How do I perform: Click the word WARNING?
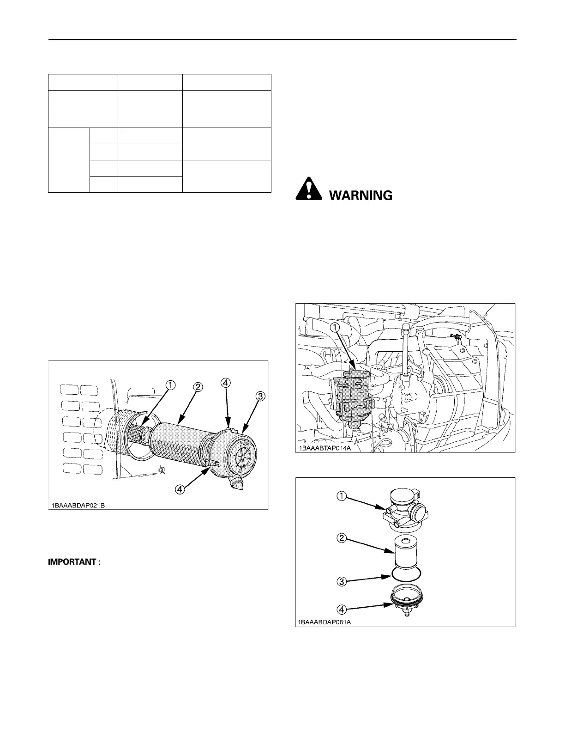point(361,195)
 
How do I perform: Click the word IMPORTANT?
point(74,562)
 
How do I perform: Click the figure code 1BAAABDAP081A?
point(324,622)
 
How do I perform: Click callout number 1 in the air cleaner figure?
point(171,384)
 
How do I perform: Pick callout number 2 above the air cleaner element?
point(197,387)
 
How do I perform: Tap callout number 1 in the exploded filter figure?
point(341,496)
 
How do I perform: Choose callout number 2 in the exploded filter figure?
point(341,539)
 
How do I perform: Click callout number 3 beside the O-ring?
point(341,581)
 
